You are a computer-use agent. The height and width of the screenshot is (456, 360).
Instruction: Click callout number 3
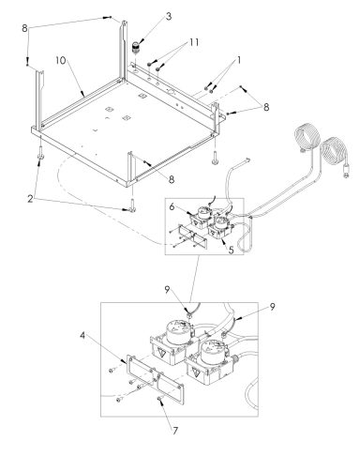pyautogui.click(x=169, y=16)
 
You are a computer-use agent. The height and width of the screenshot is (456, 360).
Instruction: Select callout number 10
pyautogui.click(x=61, y=60)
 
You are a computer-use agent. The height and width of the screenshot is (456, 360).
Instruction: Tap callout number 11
pyautogui.click(x=194, y=42)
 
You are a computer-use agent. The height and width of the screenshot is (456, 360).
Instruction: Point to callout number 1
pyautogui.click(x=239, y=60)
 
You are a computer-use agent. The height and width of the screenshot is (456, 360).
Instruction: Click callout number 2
pyautogui.click(x=30, y=199)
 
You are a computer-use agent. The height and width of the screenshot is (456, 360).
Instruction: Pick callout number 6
pyautogui.click(x=172, y=206)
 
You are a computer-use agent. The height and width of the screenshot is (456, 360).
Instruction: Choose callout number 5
pyautogui.click(x=231, y=250)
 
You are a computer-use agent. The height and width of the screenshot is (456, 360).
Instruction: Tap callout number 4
pyautogui.click(x=82, y=336)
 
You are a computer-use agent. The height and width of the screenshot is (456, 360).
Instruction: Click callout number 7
pyautogui.click(x=175, y=431)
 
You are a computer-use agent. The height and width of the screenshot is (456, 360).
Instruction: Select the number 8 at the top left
pyautogui.click(x=24, y=28)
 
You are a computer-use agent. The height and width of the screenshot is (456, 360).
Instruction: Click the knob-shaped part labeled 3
pyautogui.click(x=136, y=47)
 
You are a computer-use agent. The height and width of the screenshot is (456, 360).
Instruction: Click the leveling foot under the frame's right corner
pyautogui.click(x=216, y=158)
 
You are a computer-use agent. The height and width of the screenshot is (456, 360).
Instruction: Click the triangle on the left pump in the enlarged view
pyautogui.click(x=162, y=354)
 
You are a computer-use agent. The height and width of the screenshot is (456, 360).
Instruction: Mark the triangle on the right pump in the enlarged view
pyautogui.click(x=196, y=372)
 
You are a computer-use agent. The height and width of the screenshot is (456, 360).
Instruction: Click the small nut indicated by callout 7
pyautogui.click(x=159, y=398)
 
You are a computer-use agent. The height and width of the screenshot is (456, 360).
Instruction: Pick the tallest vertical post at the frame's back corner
pyautogui.click(x=124, y=50)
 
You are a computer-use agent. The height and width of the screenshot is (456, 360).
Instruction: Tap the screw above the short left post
pyautogui.click(x=27, y=63)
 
